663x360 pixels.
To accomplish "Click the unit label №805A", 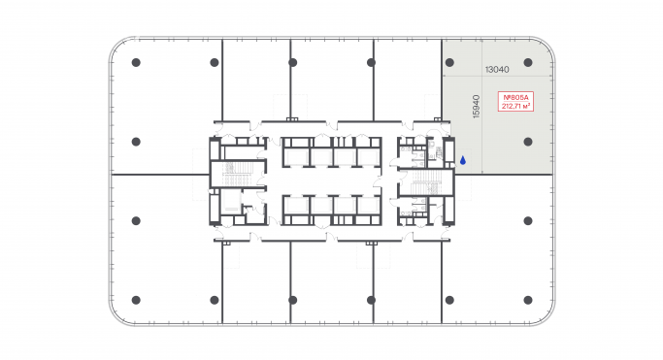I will click(514, 97).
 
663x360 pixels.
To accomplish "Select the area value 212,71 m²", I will click(514, 107).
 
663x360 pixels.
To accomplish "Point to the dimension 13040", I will click(497, 69).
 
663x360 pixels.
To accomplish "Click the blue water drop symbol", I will click(462, 160).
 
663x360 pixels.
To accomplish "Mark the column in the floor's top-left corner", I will click(136, 63).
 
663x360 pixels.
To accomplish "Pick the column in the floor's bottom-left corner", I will click(136, 299).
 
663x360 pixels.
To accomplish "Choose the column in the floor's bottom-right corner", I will click(527, 299).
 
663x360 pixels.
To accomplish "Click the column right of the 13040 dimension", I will click(527, 63).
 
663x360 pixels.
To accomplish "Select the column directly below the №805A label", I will click(527, 142).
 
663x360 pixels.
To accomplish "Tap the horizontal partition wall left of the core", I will click(160, 175).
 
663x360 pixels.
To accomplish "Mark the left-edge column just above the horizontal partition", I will click(136, 142).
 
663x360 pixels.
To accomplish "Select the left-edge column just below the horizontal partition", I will click(136, 220).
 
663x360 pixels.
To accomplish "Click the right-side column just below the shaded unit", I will click(527, 220).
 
